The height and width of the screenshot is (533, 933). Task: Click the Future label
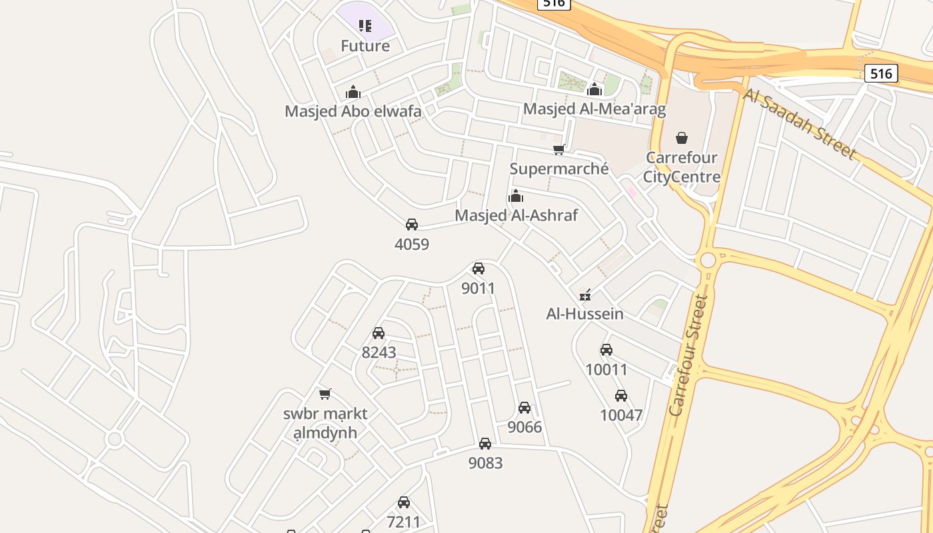pyautogui.click(x=365, y=46)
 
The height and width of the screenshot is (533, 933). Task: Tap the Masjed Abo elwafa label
pyautogui.click(x=353, y=111)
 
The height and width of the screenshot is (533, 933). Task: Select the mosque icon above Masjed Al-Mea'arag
pyautogui.click(x=594, y=89)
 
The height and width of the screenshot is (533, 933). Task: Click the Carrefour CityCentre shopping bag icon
pyautogui.click(x=681, y=138)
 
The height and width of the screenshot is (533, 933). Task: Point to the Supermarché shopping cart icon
pyautogui.click(x=558, y=150)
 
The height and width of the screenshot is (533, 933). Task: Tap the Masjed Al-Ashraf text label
pyautogui.click(x=516, y=215)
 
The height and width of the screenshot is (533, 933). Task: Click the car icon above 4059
pyautogui.click(x=412, y=225)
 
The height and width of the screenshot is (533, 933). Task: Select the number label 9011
pyautogui.click(x=478, y=288)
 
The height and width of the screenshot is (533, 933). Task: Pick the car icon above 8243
pyautogui.click(x=379, y=333)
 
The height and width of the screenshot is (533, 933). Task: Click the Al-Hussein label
pyautogui.click(x=584, y=314)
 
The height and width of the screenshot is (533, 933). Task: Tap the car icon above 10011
pyautogui.click(x=606, y=350)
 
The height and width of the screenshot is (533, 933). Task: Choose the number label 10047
pyautogui.click(x=620, y=415)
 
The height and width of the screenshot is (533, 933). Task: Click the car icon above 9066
pyautogui.click(x=524, y=408)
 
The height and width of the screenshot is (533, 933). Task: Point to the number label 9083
pyautogui.click(x=485, y=463)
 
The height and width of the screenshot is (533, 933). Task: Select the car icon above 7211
pyautogui.click(x=404, y=502)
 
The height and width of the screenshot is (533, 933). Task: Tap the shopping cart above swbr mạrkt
pyautogui.click(x=325, y=394)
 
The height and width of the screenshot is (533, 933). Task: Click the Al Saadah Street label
pyautogui.click(x=799, y=125)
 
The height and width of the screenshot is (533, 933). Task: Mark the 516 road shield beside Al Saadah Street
pyautogui.click(x=880, y=73)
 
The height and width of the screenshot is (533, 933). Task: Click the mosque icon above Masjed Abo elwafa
pyautogui.click(x=353, y=92)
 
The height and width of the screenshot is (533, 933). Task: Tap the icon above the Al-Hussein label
pyautogui.click(x=585, y=295)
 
